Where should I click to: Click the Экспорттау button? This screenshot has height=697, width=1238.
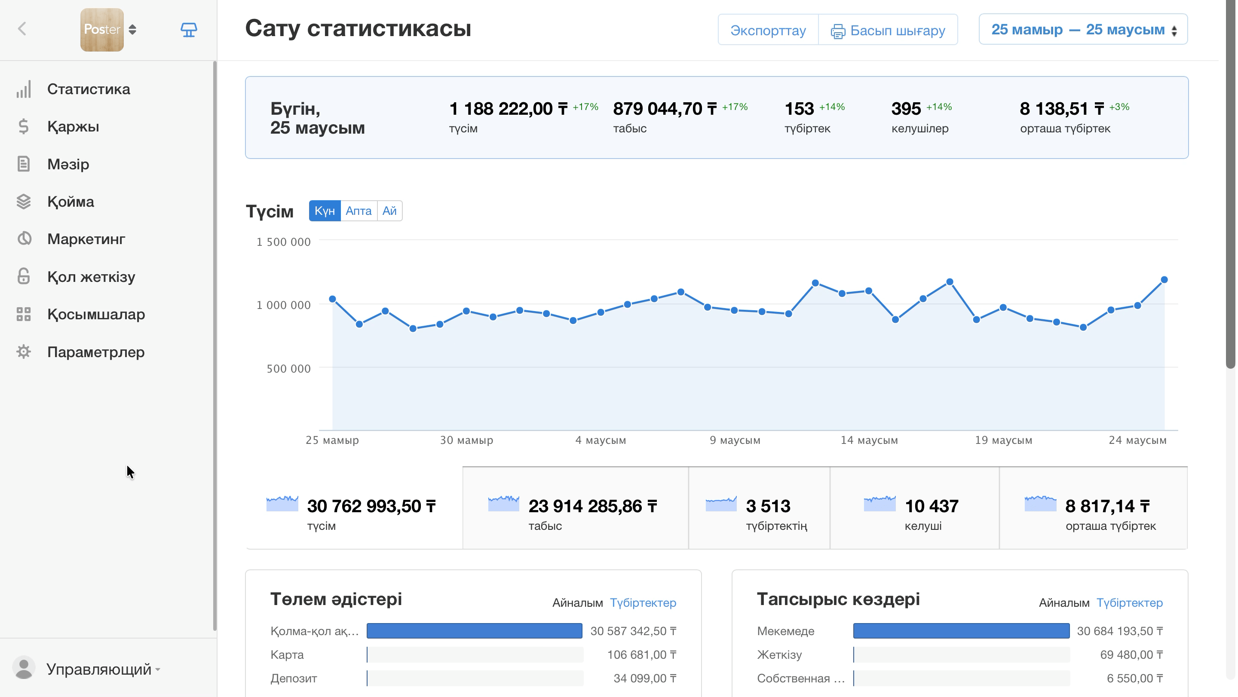[768, 30]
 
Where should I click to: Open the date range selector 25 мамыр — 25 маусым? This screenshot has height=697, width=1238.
[1083, 29]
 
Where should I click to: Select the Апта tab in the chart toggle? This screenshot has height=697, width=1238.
[359, 211]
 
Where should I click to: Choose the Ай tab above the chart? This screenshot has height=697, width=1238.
[389, 211]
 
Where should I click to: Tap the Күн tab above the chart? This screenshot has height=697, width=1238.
[325, 211]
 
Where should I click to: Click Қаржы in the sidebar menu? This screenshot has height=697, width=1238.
[73, 127]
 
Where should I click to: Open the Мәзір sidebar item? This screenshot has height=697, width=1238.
[68, 164]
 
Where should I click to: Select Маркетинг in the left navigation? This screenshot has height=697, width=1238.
[86, 239]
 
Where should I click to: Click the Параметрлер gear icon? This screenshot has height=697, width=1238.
[24, 352]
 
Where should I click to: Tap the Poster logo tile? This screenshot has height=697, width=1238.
[102, 30]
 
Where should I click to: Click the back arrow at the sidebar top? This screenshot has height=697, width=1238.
[22, 29]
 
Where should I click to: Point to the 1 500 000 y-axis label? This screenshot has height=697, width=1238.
[284, 242]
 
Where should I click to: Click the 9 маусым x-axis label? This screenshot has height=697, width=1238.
[735, 440]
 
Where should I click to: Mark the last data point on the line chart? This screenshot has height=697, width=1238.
[1164, 280]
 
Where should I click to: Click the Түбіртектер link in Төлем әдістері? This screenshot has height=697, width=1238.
[643, 603]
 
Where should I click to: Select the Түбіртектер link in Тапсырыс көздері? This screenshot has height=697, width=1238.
[1129, 603]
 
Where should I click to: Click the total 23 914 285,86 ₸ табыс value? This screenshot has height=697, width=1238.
[593, 506]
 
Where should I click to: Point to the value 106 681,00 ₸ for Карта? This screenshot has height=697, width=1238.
[642, 655]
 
